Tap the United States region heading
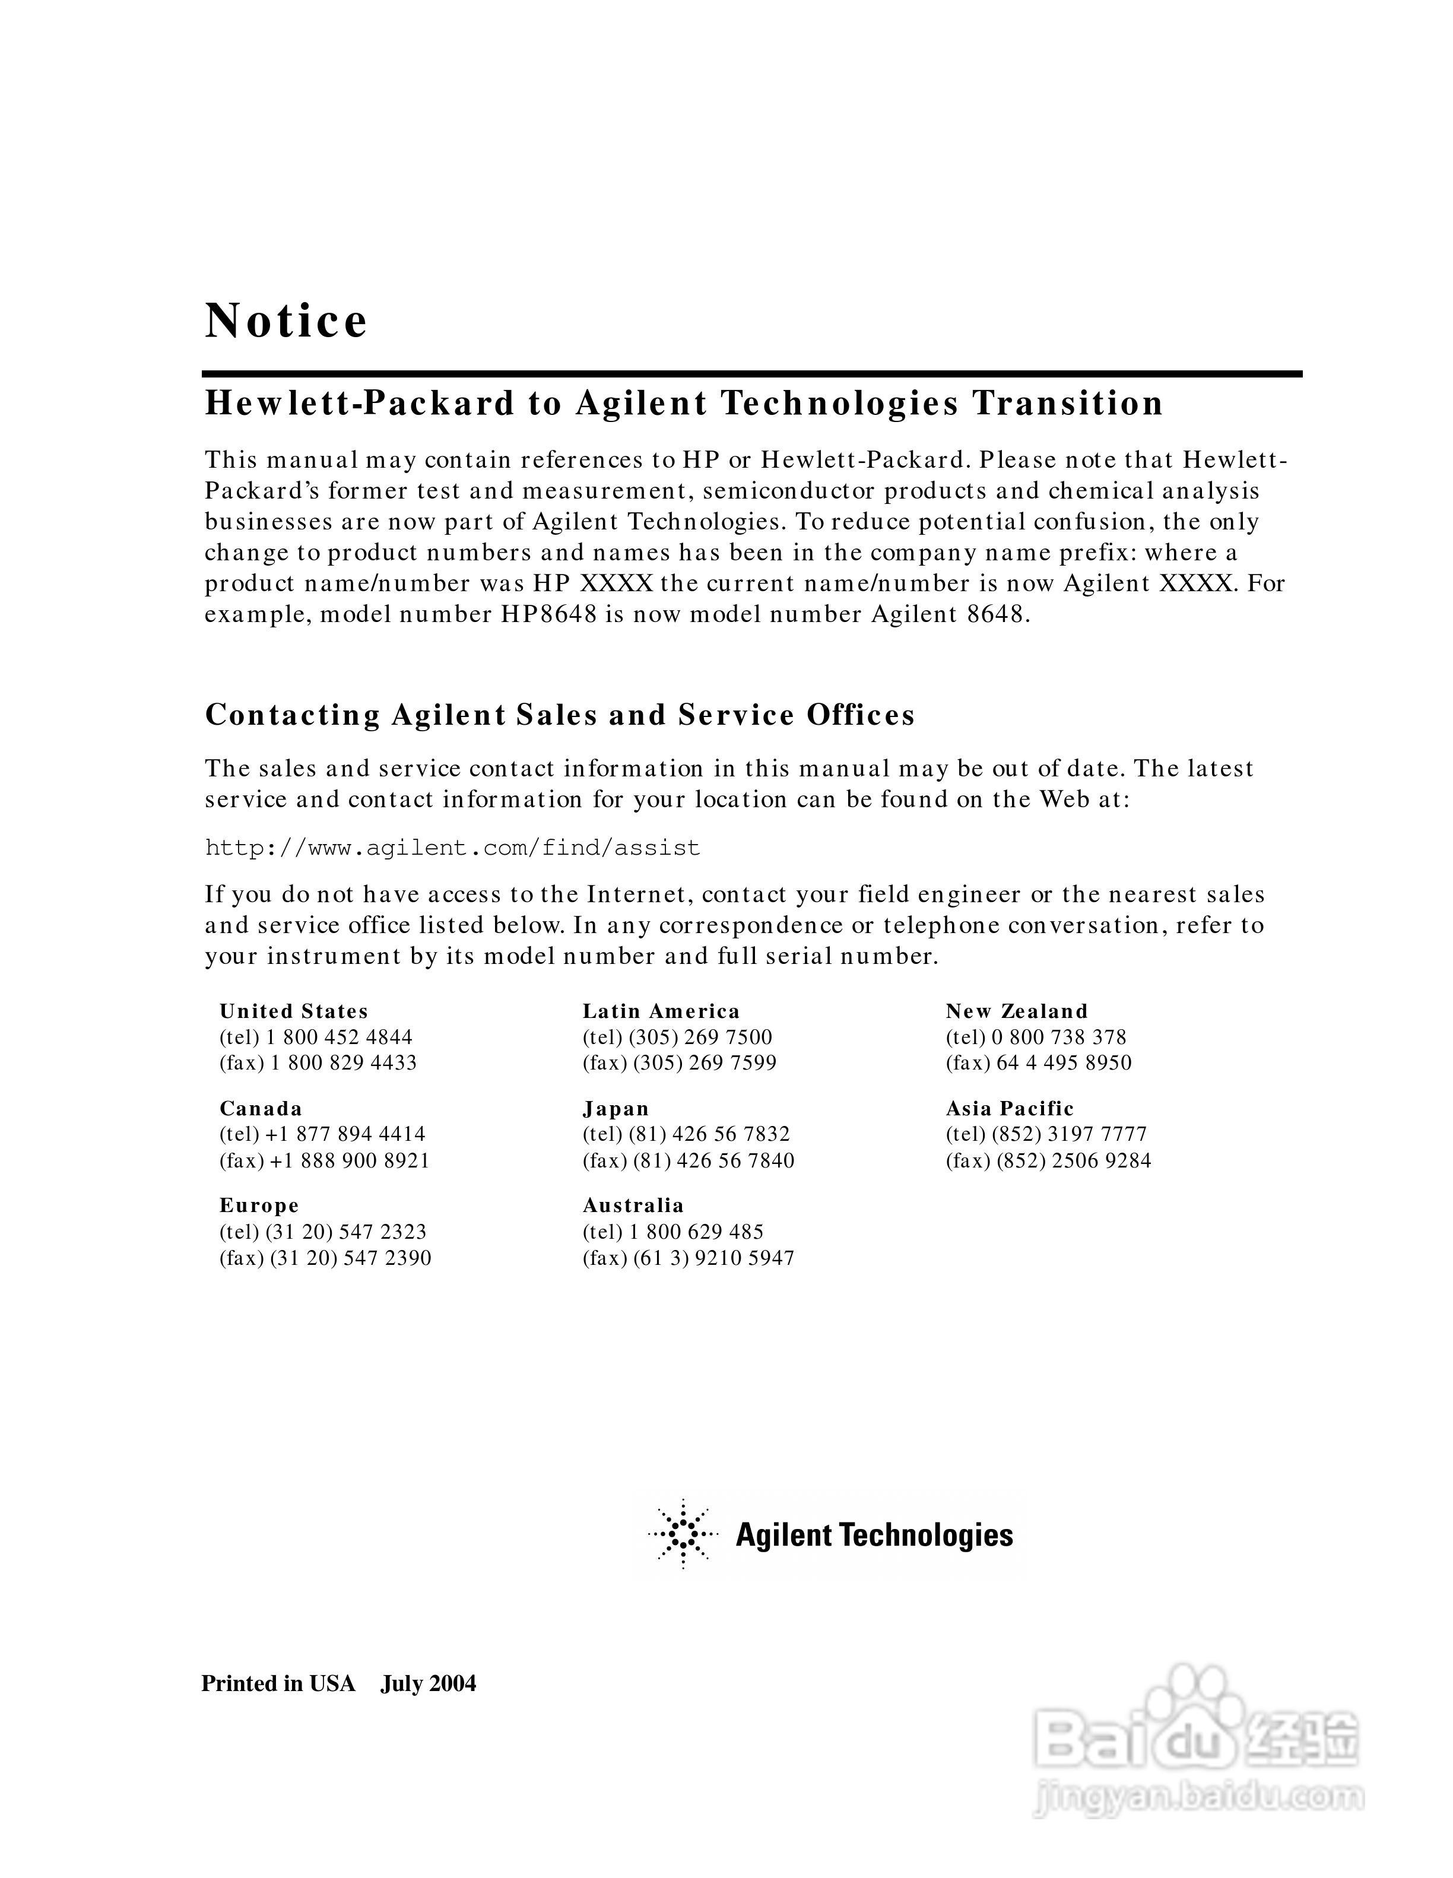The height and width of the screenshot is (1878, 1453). [293, 1011]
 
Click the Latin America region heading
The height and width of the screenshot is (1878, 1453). [660, 1011]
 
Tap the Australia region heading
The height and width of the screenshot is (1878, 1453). [633, 1206]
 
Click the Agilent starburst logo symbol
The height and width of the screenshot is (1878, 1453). [683, 1535]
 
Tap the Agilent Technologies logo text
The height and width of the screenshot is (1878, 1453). [874, 1536]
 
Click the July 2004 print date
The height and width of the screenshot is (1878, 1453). [428, 1684]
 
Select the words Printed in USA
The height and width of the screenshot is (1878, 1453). [278, 1684]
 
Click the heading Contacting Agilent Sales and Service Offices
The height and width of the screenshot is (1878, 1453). [560, 715]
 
